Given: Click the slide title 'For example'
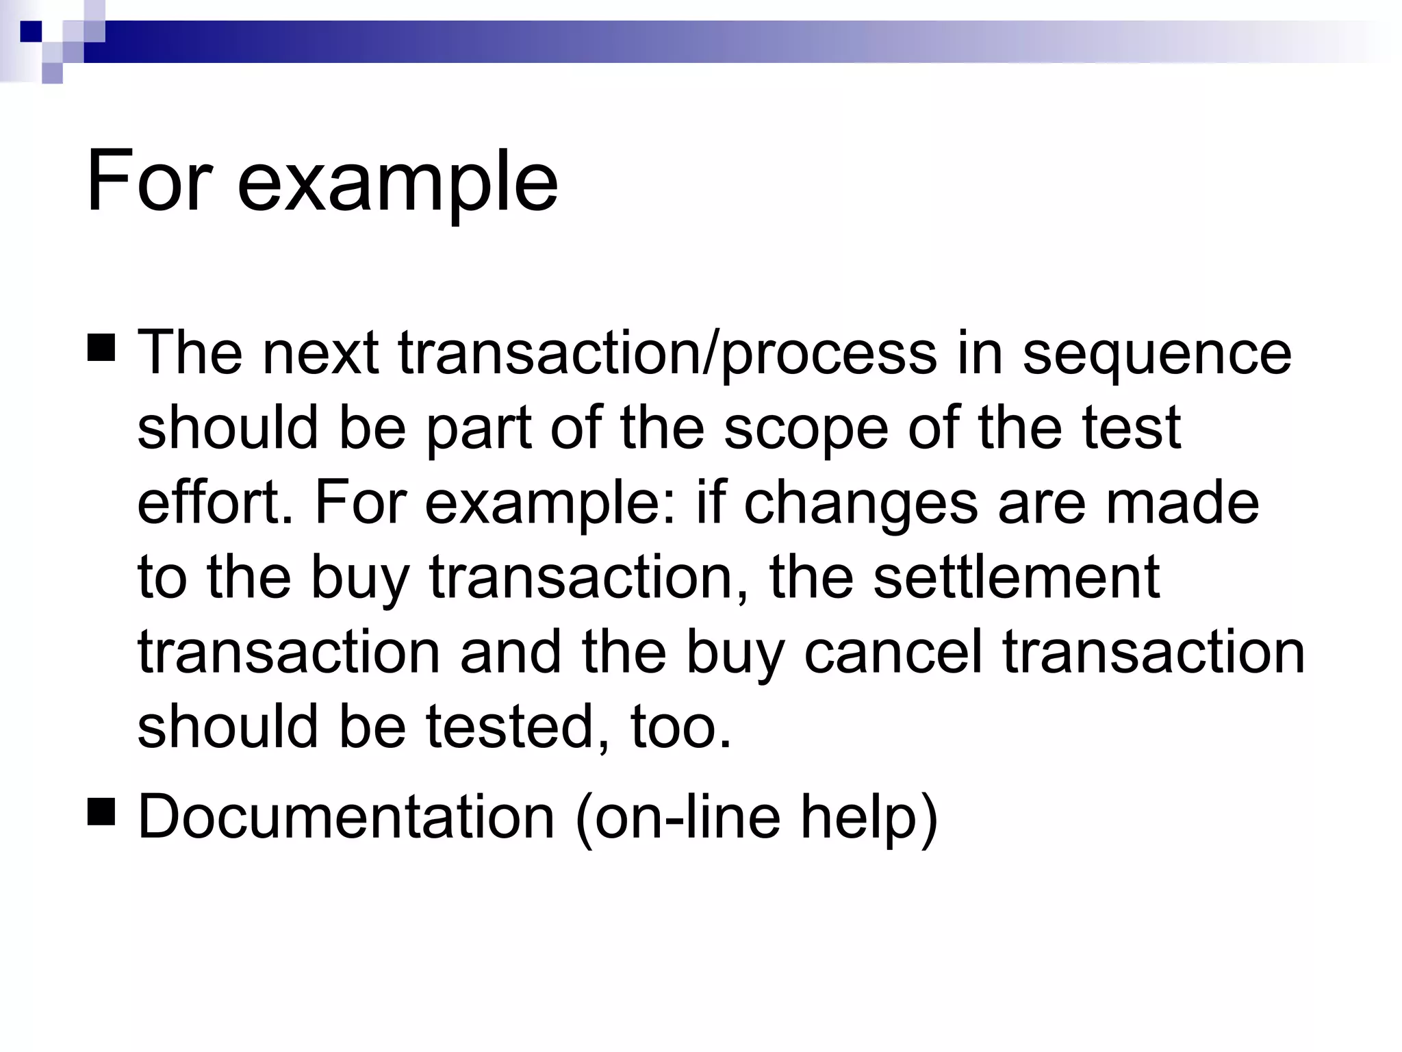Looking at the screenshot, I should (322, 183).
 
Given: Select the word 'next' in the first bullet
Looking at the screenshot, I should (320, 353).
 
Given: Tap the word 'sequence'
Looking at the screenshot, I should (1156, 353).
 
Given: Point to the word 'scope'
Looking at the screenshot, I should (806, 428).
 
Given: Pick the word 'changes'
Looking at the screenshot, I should (861, 503).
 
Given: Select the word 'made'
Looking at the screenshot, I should (1182, 502).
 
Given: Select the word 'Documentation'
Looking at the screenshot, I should (346, 816).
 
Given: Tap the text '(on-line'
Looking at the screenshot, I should (678, 816).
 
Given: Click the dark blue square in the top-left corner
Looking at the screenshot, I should (31, 32).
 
